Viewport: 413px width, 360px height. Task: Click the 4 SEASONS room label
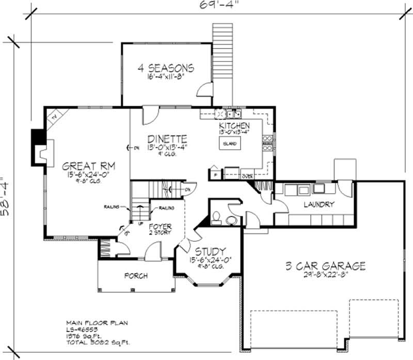[166, 68]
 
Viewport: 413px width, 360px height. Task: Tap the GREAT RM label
[88, 166]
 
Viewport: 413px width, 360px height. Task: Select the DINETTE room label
[167, 139]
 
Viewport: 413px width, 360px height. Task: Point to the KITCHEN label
[234, 126]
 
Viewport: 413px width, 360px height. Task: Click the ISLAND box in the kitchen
[230, 143]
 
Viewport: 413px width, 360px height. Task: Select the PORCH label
[135, 275]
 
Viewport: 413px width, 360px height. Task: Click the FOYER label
[160, 226]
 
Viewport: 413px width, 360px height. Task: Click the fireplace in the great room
[40, 151]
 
